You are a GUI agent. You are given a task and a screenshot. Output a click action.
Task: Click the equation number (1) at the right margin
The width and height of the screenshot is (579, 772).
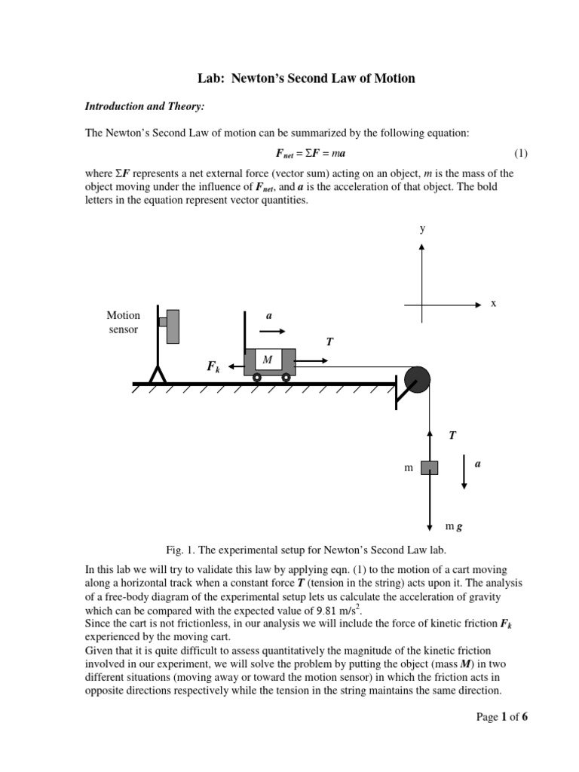click(x=521, y=153)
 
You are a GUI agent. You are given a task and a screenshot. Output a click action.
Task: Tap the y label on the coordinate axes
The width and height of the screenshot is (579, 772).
click(x=422, y=228)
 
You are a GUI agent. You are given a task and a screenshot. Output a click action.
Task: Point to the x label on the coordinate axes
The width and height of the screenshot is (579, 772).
click(x=494, y=303)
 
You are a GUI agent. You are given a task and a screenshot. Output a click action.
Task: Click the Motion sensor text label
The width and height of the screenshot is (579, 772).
click(x=123, y=323)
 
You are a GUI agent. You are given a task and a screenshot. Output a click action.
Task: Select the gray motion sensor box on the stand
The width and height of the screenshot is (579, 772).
click(x=173, y=326)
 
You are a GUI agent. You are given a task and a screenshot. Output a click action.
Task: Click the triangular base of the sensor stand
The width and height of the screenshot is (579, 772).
click(x=158, y=374)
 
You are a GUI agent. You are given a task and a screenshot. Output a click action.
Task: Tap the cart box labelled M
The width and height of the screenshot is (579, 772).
click(x=269, y=360)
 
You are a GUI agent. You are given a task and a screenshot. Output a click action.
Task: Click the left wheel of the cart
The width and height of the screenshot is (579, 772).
click(x=257, y=377)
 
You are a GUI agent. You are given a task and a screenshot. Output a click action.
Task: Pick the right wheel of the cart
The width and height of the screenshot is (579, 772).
click(x=286, y=377)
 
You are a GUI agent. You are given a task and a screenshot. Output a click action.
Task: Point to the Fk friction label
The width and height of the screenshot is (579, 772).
click(x=213, y=366)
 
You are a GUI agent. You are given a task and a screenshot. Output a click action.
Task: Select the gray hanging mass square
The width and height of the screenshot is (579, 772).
click(x=429, y=467)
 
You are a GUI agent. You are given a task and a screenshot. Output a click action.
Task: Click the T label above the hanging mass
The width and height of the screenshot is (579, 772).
click(x=452, y=435)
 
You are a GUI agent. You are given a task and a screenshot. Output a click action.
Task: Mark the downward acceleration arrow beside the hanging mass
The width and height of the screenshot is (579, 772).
click(x=464, y=473)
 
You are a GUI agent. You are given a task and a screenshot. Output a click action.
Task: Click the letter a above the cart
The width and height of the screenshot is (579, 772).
click(x=269, y=315)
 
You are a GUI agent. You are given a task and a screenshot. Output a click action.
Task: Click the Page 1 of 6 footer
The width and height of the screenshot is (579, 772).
click(x=502, y=717)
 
